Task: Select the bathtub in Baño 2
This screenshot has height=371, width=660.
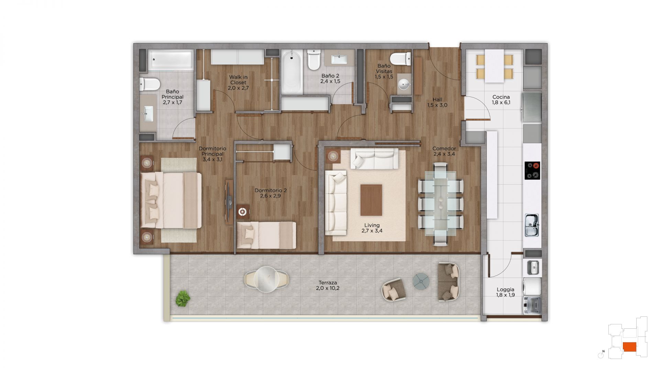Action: [292, 72]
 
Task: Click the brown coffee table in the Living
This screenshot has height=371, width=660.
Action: [371, 200]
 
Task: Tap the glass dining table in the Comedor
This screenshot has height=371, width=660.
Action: [441, 203]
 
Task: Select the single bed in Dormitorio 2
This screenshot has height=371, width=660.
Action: [266, 235]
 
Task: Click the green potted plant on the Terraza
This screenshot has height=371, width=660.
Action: [183, 298]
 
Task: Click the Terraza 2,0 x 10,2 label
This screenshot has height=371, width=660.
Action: [328, 285]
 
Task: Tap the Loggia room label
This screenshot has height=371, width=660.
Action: [505, 292]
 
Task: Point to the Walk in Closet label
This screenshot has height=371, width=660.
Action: [238, 82]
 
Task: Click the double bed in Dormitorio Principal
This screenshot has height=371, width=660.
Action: [171, 200]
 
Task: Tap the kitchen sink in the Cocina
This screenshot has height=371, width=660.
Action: [532, 225]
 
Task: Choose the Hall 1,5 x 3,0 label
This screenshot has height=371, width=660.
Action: [437, 102]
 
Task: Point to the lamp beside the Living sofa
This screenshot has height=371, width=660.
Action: [333, 156]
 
